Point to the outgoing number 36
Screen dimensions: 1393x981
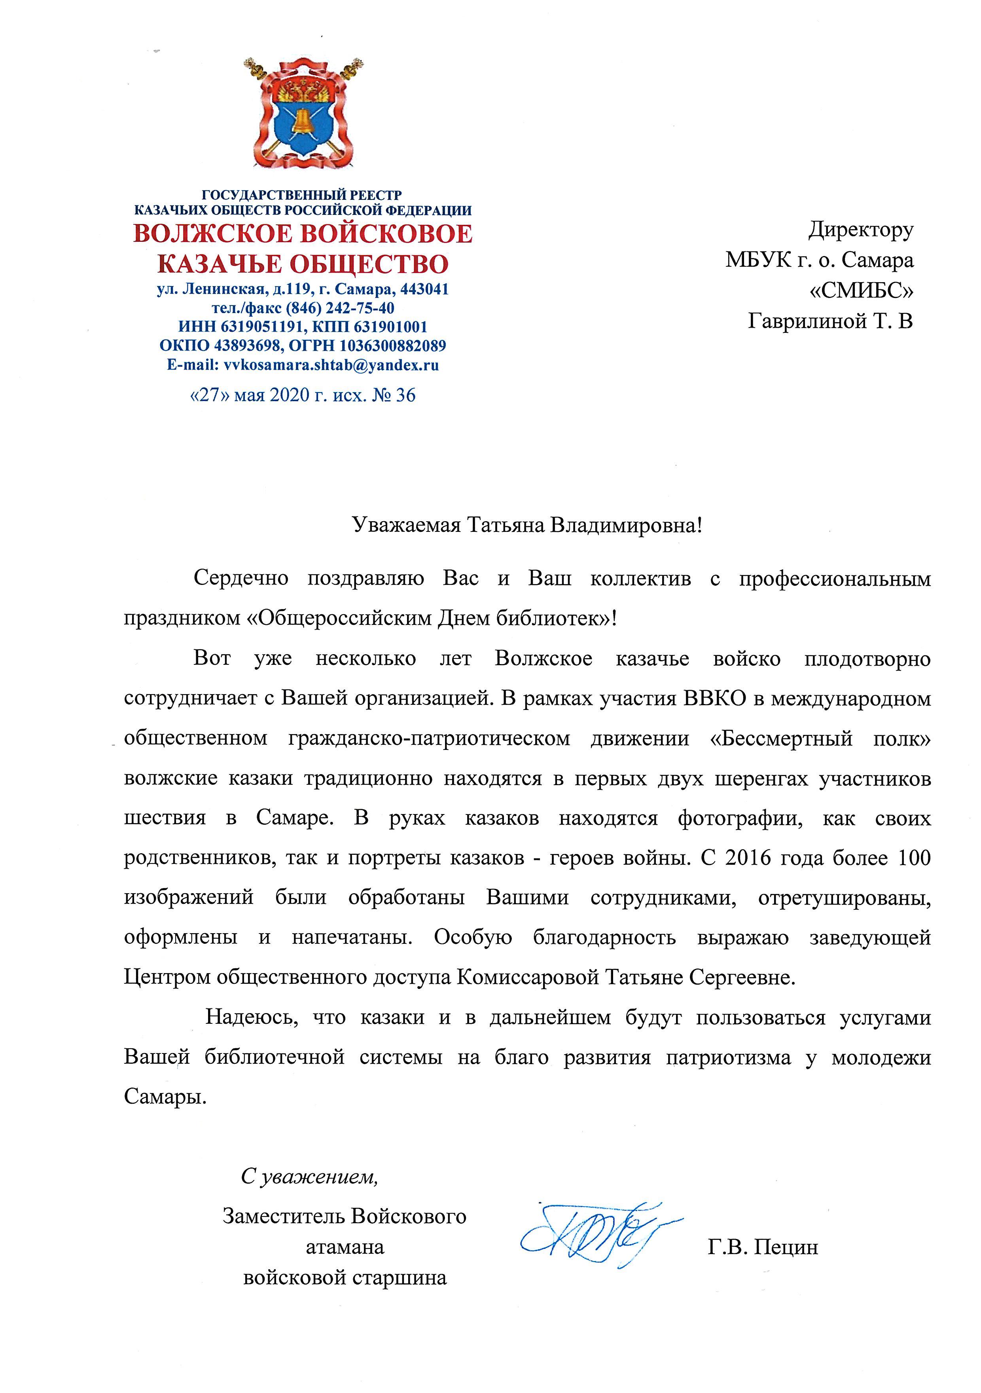click(405, 396)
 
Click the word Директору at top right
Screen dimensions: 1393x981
click(860, 230)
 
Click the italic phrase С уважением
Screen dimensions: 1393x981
click(309, 1177)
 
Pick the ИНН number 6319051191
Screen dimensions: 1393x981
click(261, 327)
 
